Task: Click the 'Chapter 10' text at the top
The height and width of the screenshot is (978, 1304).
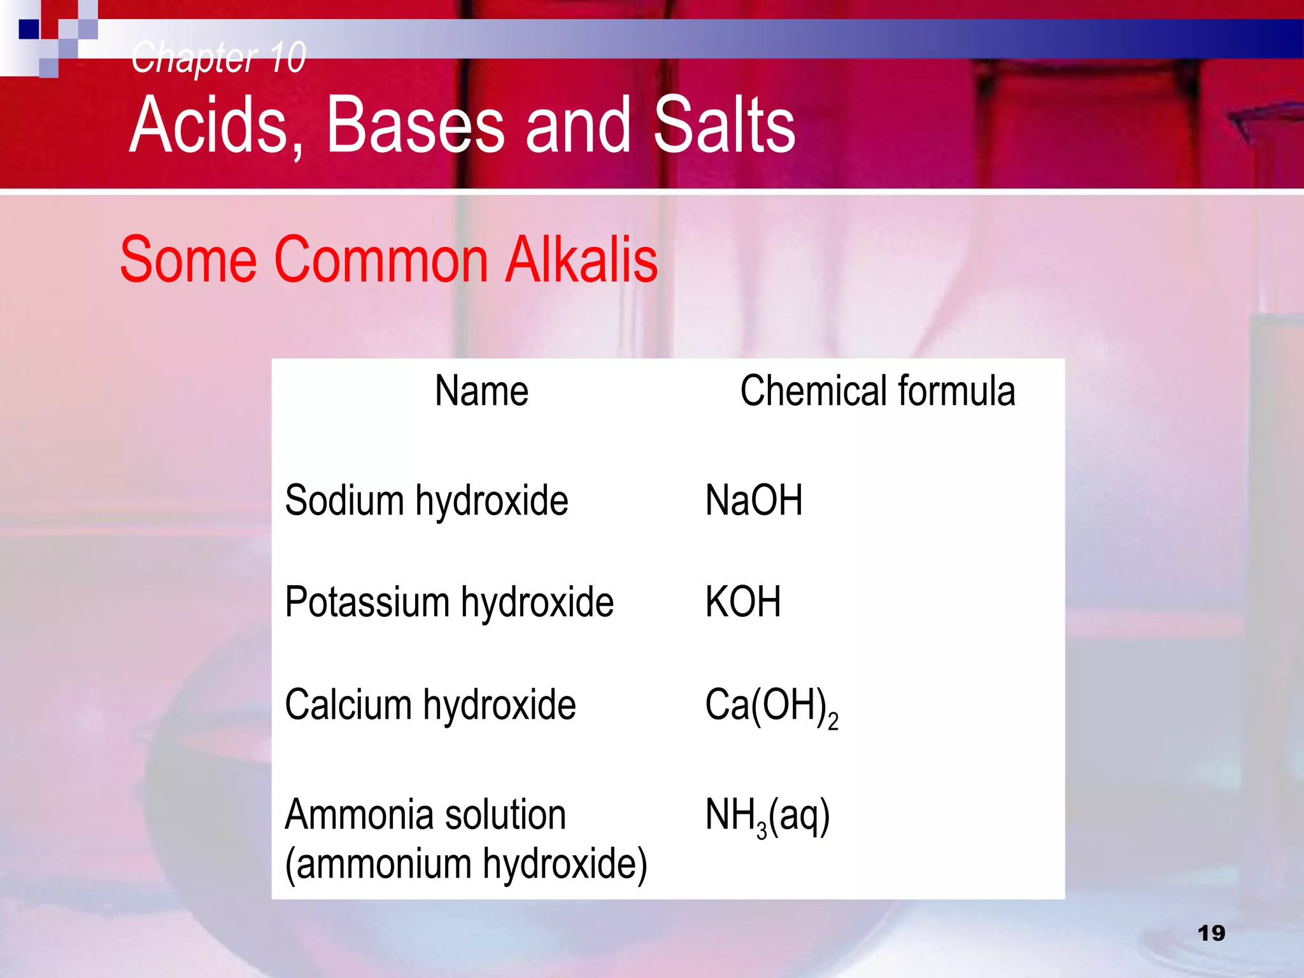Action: (x=218, y=57)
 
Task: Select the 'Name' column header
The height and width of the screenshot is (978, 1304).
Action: (x=481, y=391)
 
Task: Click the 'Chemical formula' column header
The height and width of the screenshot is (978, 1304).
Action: (x=877, y=391)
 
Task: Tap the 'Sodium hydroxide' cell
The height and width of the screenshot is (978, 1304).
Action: (x=426, y=500)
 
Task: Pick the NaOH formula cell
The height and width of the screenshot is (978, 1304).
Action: (x=754, y=500)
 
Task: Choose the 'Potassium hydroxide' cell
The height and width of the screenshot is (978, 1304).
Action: (x=449, y=602)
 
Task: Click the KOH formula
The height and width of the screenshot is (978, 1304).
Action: (x=742, y=602)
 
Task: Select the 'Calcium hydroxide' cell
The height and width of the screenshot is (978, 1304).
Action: (x=430, y=705)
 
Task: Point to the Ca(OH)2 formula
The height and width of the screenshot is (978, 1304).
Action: (x=771, y=707)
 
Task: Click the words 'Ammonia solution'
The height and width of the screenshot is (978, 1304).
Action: (x=425, y=815)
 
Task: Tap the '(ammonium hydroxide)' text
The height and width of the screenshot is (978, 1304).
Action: (x=465, y=865)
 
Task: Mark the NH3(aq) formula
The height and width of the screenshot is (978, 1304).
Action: (x=767, y=817)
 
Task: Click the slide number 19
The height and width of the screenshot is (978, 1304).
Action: (x=1211, y=933)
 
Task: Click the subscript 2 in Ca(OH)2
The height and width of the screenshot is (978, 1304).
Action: (x=833, y=723)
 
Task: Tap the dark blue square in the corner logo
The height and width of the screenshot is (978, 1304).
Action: (x=29, y=29)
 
